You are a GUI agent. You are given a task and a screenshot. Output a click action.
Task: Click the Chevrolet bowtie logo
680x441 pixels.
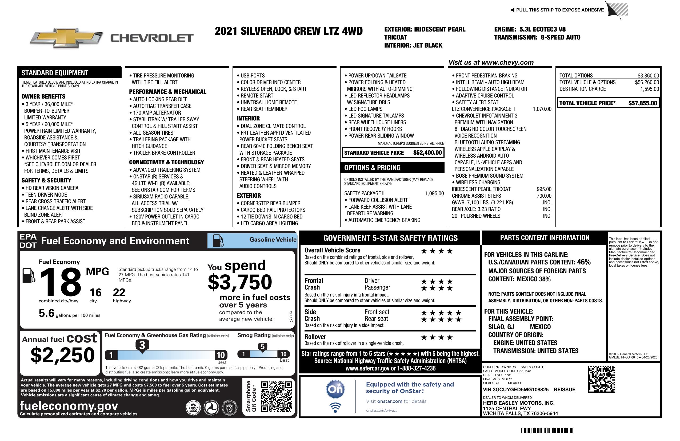click(66, 38)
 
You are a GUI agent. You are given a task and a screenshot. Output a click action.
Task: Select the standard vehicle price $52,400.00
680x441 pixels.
click(427, 153)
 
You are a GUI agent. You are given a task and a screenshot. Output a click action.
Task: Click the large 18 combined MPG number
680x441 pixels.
click(61, 282)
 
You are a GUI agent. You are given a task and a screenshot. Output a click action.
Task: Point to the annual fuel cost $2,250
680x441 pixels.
click(62, 355)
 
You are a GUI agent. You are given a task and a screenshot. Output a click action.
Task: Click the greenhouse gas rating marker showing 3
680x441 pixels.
click(142, 345)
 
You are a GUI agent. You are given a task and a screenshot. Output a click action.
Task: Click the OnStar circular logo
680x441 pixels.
click(335, 389)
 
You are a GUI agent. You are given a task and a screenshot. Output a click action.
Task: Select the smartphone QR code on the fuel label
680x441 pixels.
click(276, 396)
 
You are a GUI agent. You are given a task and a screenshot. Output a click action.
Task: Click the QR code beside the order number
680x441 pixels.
click(601, 379)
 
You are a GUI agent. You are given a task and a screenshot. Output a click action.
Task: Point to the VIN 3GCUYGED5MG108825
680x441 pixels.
click(515, 389)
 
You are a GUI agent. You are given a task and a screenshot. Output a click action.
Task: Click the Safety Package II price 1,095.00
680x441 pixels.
click(434, 193)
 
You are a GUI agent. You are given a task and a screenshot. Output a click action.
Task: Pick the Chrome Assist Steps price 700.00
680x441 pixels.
click(544, 196)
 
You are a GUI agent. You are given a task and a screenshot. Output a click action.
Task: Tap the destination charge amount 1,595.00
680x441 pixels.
click(649, 89)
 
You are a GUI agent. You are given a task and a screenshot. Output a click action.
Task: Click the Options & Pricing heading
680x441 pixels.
click(372, 168)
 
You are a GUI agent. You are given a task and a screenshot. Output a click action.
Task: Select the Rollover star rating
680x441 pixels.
click(437, 337)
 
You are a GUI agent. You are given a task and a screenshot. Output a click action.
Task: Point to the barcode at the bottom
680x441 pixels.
click(547, 431)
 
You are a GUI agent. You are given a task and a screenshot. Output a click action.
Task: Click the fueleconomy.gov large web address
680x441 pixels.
click(69, 405)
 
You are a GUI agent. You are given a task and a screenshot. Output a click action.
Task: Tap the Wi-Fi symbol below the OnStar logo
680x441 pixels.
click(335, 407)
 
